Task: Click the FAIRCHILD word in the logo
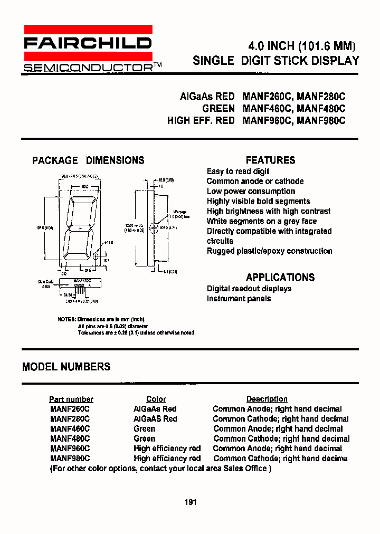click(x=88, y=43)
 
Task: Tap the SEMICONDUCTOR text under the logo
click(x=88, y=67)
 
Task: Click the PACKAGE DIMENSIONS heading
click(x=88, y=160)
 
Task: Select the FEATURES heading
click(x=270, y=160)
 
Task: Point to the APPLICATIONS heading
click(x=280, y=277)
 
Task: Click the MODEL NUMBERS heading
click(x=66, y=367)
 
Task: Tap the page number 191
click(x=191, y=502)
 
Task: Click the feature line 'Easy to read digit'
click(x=237, y=171)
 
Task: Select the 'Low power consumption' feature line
click(x=251, y=192)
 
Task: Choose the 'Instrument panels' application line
click(x=239, y=299)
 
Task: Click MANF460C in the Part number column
click(x=70, y=429)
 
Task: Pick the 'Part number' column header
click(x=71, y=399)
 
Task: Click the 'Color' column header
click(x=156, y=399)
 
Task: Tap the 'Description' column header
click(x=267, y=399)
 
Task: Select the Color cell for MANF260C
click(x=155, y=409)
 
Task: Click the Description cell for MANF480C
click(x=281, y=439)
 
